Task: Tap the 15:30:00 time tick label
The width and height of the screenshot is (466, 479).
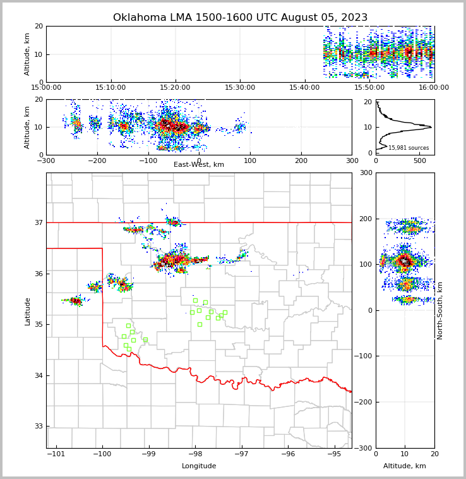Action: (240, 87)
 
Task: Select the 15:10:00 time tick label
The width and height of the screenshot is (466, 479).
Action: (111, 87)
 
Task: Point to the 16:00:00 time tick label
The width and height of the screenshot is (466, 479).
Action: (434, 87)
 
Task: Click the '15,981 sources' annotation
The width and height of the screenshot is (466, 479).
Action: (409, 148)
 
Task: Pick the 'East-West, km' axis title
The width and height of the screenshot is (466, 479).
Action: (199, 165)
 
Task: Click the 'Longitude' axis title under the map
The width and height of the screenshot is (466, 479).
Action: (199, 466)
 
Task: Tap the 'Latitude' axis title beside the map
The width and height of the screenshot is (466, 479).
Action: (28, 311)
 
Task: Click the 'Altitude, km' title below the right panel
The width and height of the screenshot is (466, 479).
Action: (405, 466)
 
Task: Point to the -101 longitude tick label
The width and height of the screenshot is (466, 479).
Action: (56, 454)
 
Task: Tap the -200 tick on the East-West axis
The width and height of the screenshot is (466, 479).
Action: (97, 161)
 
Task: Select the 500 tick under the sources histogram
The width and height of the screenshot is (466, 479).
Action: (420, 161)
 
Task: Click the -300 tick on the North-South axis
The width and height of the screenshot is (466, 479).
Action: (364, 448)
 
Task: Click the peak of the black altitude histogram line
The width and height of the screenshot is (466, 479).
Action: (431, 127)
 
